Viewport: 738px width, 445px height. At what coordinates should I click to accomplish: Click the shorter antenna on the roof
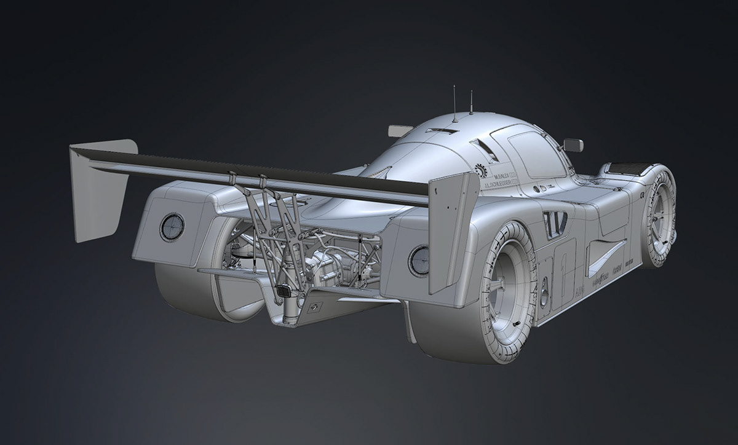pyautogui.click(x=471, y=103)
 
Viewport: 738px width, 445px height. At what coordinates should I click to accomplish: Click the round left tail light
pyautogui.click(x=172, y=227)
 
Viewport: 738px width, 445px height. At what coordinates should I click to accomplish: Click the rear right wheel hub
pyautogui.click(x=509, y=288)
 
